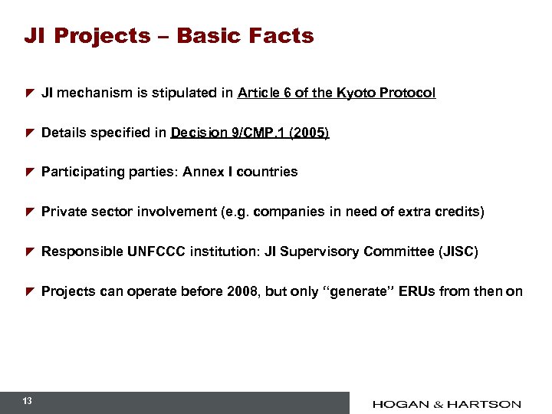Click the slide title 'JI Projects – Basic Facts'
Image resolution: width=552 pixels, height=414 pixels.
pyautogui.click(x=169, y=36)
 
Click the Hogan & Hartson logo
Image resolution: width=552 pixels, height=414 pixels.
pyautogui.click(x=447, y=403)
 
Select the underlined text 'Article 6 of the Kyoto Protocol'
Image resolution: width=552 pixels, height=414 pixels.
pyautogui.click(x=337, y=93)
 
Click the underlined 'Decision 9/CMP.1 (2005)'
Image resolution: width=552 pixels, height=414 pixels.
pyautogui.click(x=250, y=133)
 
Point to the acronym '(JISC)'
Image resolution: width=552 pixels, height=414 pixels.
pyautogui.click(x=458, y=251)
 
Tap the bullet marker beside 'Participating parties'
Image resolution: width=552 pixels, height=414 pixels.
pyautogui.click(x=29, y=172)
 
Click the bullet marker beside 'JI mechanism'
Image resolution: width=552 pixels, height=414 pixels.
pyautogui.click(x=29, y=94)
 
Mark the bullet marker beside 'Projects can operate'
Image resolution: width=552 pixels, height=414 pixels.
pyautogui.click(x=29, y=292)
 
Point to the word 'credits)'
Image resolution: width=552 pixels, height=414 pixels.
pyautogui.click(x=462, y=212)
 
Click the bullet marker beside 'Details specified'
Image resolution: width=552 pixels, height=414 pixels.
pyautogui.click(x=29, y=133)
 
